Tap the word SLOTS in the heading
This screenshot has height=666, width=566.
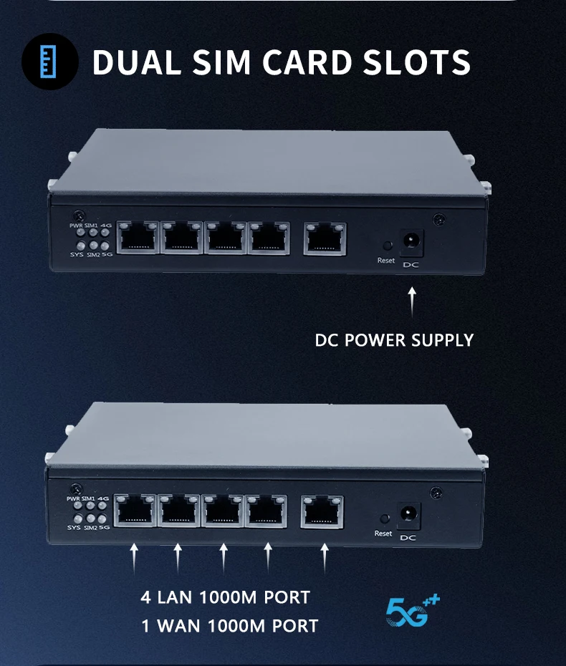pos(416,63)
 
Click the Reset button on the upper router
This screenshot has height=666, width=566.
pos(387,244)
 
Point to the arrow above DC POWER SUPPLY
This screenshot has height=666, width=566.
pos(411,301)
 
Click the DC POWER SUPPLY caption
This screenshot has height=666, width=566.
pos(394,339)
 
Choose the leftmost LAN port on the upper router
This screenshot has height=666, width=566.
pos(137,237)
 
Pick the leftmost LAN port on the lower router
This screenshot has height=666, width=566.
pos(135,511)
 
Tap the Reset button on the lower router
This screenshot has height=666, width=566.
pos(384,518)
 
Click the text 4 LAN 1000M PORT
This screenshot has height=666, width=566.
pos(226,597)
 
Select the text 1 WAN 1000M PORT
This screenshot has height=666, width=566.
pos(229,625)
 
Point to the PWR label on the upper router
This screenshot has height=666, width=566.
pos(76,226)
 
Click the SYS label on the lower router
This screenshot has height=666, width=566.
pos(74,528)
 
